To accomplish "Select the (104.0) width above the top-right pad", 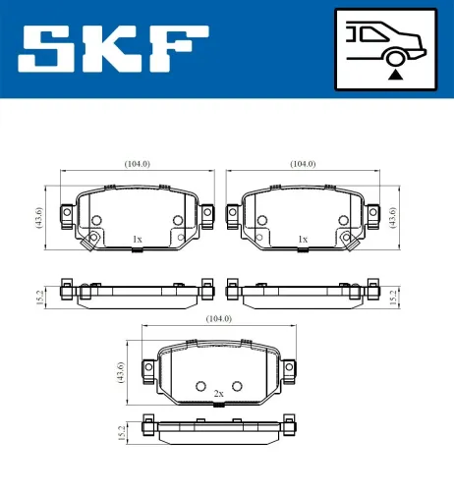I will [x=303, y=164].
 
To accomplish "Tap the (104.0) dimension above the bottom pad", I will [x=218, y=319].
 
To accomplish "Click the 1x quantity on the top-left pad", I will [x=137, y=239].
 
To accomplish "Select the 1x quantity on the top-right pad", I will [x=303, y=239].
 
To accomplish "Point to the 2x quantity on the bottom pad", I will [x=219, y=393].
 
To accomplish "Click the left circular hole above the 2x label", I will [x=201, y=385].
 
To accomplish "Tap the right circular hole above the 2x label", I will [x=236, y=385].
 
